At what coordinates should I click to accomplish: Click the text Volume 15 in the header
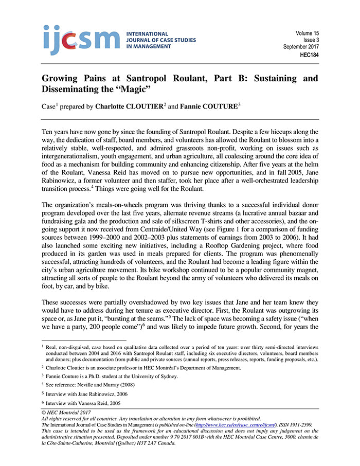click(x=307, y=33)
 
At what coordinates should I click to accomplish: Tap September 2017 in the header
click(x=301, y=47)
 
